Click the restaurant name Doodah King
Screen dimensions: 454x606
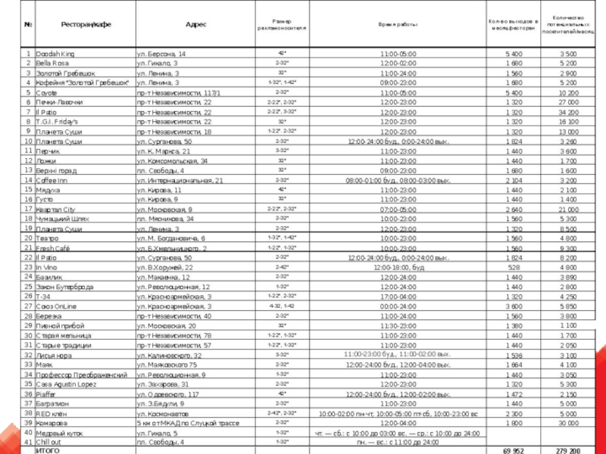coord(55,54)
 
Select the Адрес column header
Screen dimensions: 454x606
coord(196,24)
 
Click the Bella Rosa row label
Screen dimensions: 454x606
coord(52,64)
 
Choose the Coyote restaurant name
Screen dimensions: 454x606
coord(47,92)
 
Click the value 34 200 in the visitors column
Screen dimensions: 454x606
coord(568,111)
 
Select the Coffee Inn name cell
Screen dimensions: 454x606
coord(53,180)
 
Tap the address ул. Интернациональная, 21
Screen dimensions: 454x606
coord(180,180)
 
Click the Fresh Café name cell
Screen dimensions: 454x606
coord(53,248)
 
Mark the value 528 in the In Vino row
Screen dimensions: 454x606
coord(514,267)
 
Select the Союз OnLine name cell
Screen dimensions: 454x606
coord(56,306)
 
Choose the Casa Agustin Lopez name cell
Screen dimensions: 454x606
coord(66,384)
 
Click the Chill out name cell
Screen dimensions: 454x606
coord(49,442)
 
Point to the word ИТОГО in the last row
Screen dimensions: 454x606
coord(49,450)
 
